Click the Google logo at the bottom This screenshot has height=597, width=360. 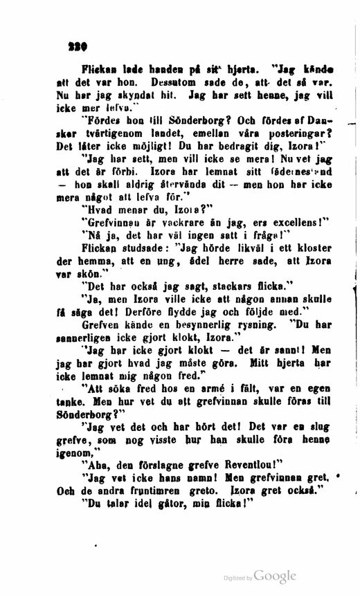point(275,576)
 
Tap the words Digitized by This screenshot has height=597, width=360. point(237,578)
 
